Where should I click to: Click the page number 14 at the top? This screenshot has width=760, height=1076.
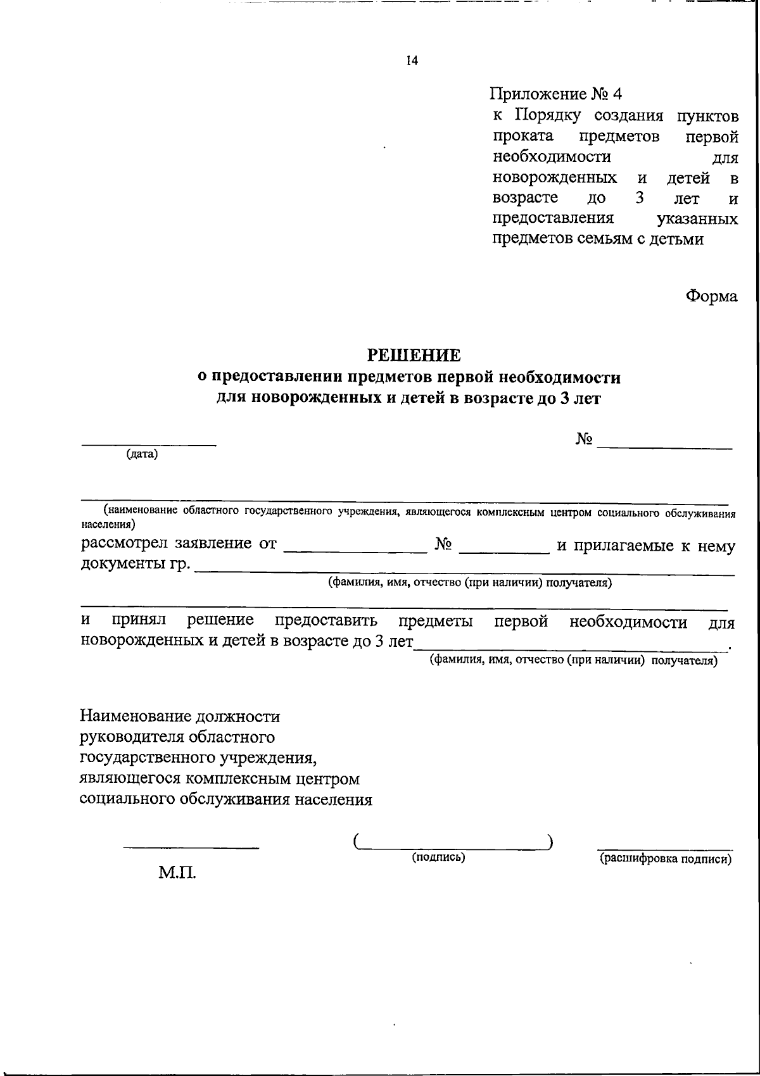412,61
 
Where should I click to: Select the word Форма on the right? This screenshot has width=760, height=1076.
712,296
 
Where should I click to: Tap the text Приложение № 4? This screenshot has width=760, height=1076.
556,94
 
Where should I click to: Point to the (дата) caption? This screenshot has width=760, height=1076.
142,454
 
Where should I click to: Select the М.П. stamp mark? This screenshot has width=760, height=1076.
177,874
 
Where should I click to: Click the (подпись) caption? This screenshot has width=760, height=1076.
439,857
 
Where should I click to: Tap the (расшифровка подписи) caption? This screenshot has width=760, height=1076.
666,858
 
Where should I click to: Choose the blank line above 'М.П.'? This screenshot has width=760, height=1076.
191,846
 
